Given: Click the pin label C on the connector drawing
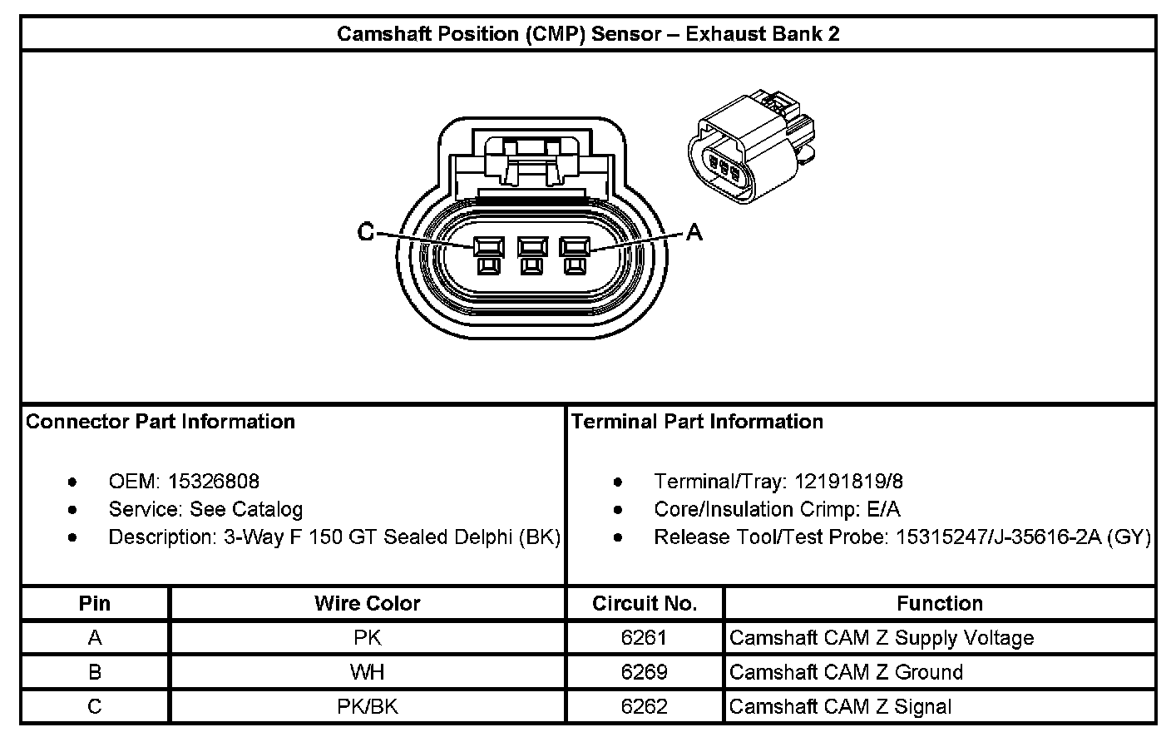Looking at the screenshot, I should (366, 232).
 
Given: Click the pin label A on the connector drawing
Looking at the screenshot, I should (694, 233).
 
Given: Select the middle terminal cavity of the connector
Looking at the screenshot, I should (531, 248).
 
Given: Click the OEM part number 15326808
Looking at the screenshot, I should (214, 482).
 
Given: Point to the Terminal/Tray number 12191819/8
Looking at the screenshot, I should (849, 482).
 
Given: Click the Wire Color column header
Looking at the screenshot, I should (367, 603).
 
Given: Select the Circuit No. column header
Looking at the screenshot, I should (645, 603).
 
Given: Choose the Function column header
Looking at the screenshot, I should (940, 603).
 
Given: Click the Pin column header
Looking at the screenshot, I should (95, 603).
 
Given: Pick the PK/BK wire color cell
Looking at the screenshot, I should (367, 706).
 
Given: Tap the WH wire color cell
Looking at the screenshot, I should (367, 672).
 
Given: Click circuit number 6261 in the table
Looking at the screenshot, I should (645, 638).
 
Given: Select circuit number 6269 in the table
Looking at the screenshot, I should (645, 672).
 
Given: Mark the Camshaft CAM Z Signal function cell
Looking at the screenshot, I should (840, 707).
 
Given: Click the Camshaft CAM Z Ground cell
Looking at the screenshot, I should (846, 672).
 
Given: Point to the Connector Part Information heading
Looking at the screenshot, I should (161, 422).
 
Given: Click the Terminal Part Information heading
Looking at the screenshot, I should (697, 422).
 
